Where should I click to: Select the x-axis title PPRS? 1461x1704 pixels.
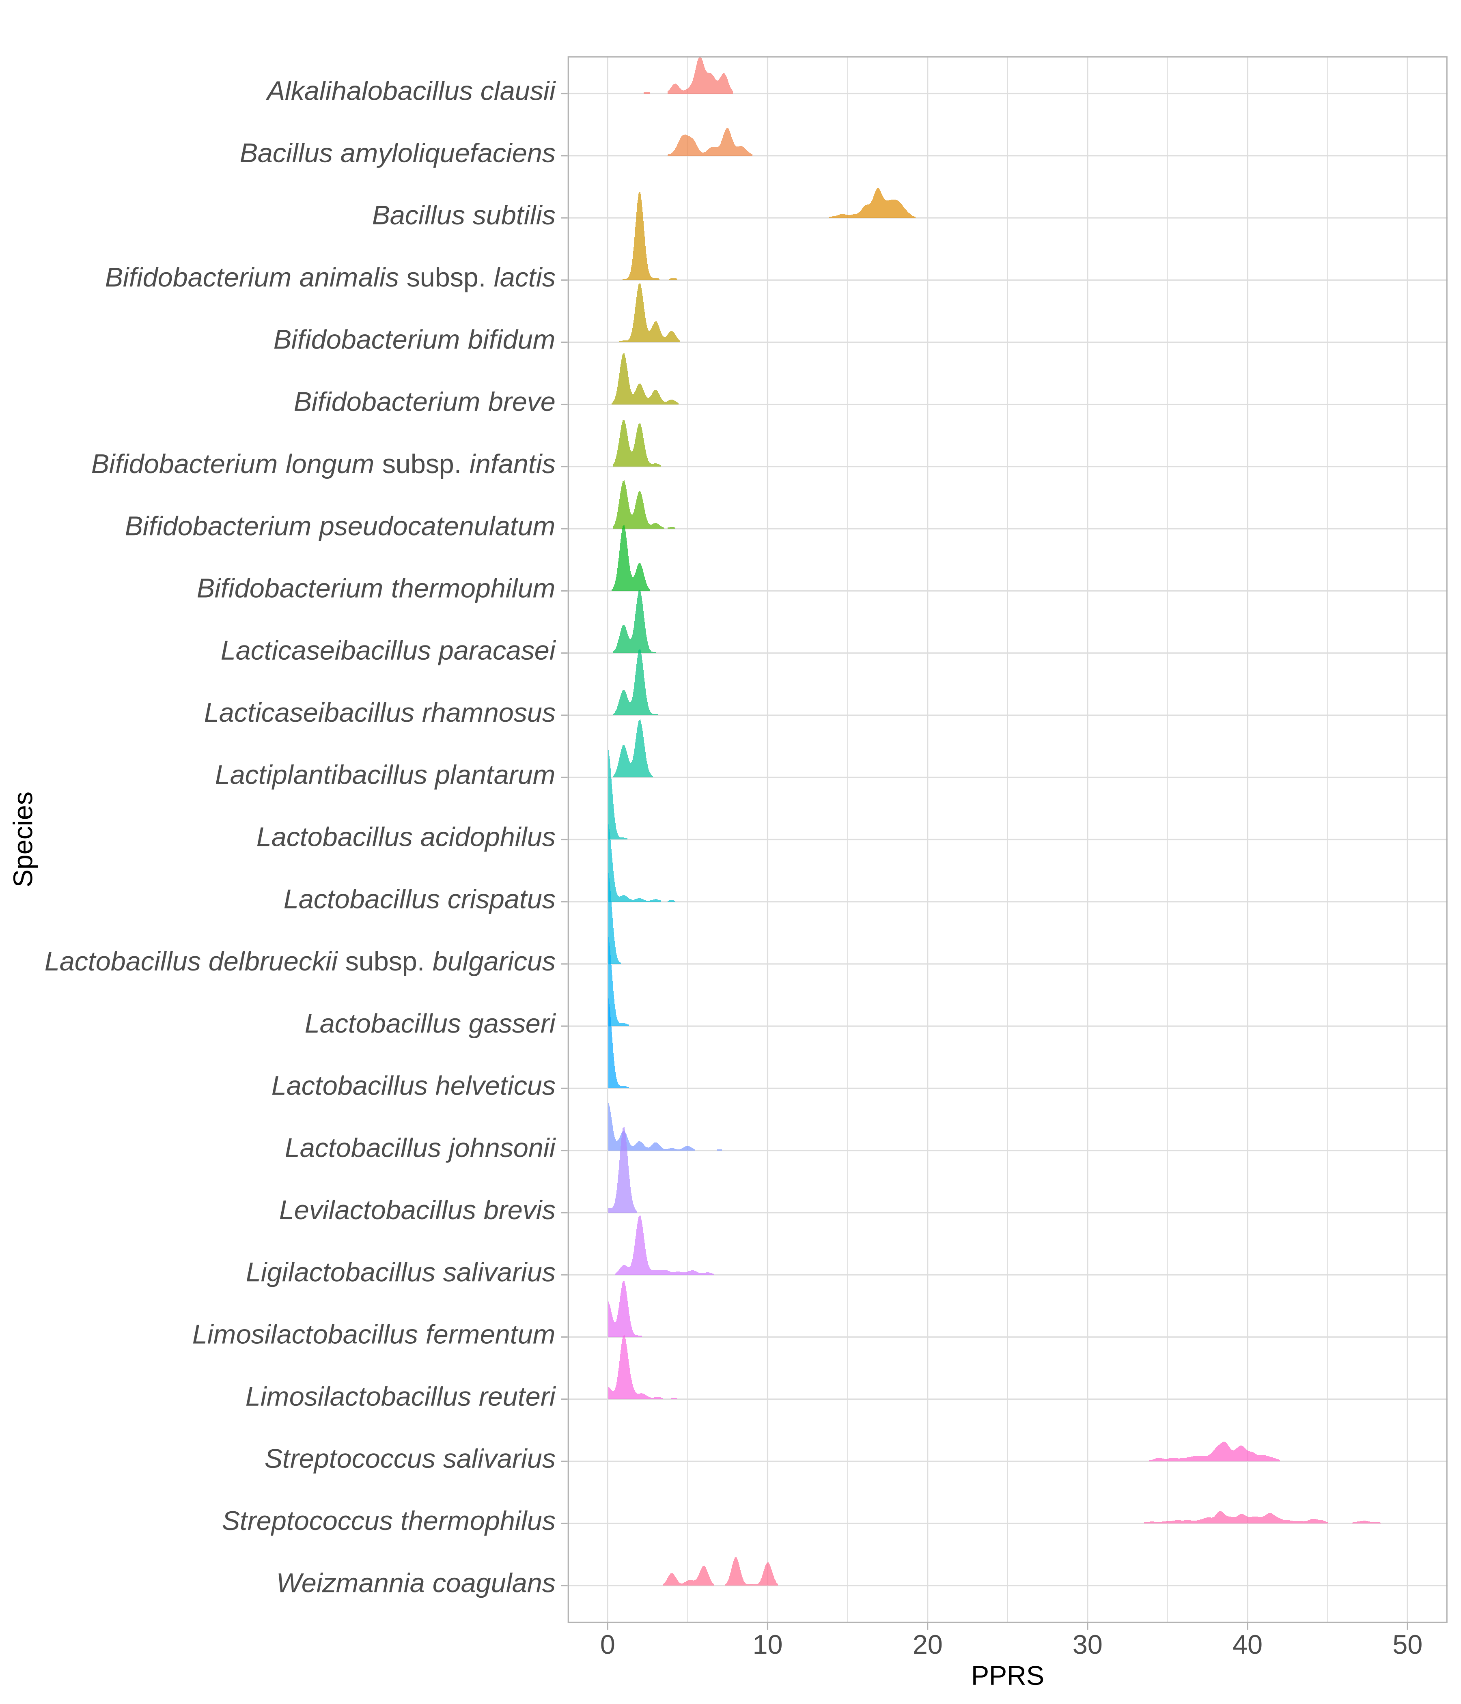point(1007,1676)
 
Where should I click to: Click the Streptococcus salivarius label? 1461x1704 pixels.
point(409,1459)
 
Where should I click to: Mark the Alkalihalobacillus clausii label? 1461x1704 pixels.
point(412,91)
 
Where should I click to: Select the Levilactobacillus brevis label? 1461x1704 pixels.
point(417,1211)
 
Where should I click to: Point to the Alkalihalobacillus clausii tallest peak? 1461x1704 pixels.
point(700,75)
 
